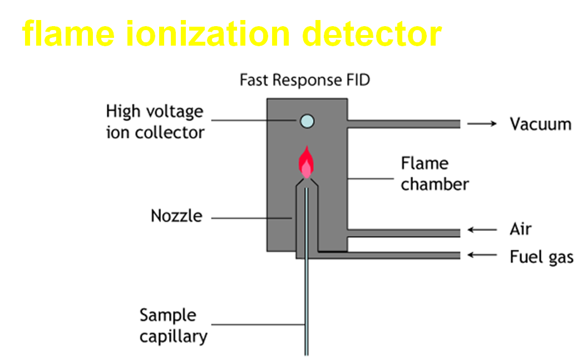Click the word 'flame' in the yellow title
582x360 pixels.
click(x=68, y=33)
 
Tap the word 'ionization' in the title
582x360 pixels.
click(x=208, y=33)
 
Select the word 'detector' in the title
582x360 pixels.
click(x=372, y=33)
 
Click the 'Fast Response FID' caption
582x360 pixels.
click(x=305, y=80)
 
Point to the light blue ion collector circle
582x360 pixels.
click(x=307, y=121)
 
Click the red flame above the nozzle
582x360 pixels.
click(x=306, y=162)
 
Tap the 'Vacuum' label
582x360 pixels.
click(x=540, y=124)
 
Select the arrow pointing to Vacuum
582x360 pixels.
click(x=482, y=124)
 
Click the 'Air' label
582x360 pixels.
click(x=521, y=229)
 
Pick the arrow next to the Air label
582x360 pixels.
click(x=482, y=230)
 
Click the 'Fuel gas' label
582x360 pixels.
click(x=541, y=257)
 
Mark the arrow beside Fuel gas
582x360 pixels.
click(x=482, y=255)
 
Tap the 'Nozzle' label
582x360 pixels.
click(x=177, y=216)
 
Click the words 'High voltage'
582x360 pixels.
click(x=155, y=111)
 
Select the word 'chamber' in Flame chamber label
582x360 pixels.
click(x=435, y=184)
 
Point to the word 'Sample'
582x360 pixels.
click(x=168, y=315)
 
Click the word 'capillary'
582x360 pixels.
click(x=174, y=337)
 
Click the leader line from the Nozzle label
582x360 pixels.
click(x=251, y=218)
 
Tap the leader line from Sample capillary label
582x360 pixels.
click(x=258, y=325)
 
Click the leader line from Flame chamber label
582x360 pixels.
click(x=371, y=179)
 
